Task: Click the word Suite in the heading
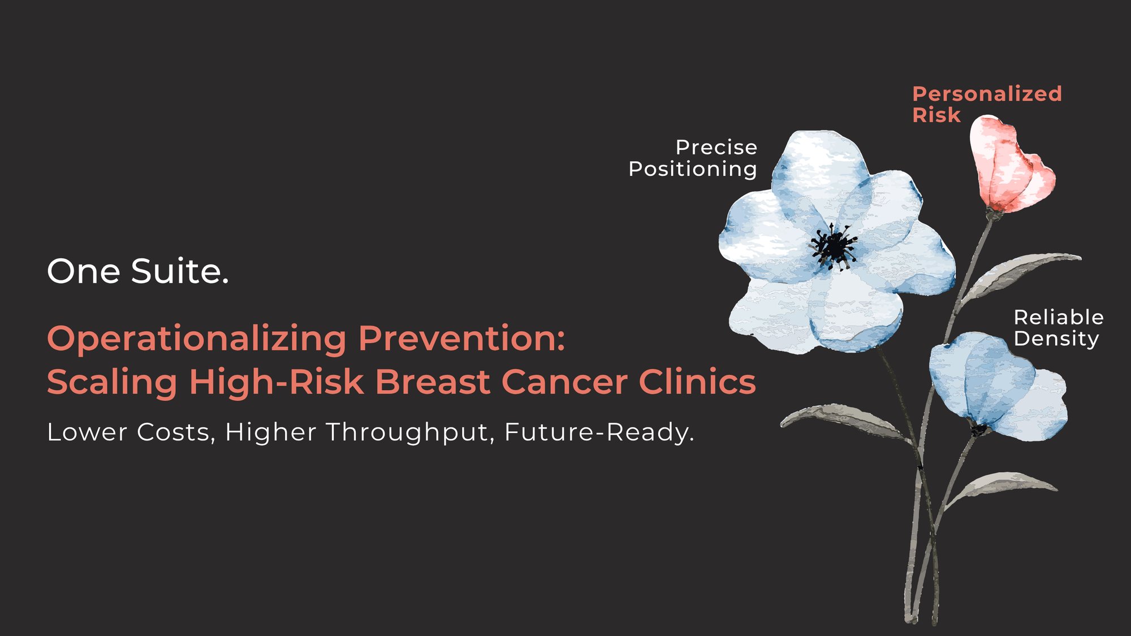pyautogui.click(x=180, y=271)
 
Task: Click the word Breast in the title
pyautogui.click(x=433, y=382)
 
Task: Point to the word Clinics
pyautogui.click(x=697, y=382)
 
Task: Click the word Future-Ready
pyautogui.click(x=599, y=432)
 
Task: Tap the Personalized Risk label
pyautogui.click(x=987, y=104)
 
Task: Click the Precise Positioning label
pyautogui.click(x=693, y=158)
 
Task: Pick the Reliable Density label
pyautogui.click(x=1058, y=328)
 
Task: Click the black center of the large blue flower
pyautogui.click(x=834, y=246)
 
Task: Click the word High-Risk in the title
pyautogui.click(x=276, y=383)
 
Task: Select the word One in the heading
pyautogui.click(x=84, y=271)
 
